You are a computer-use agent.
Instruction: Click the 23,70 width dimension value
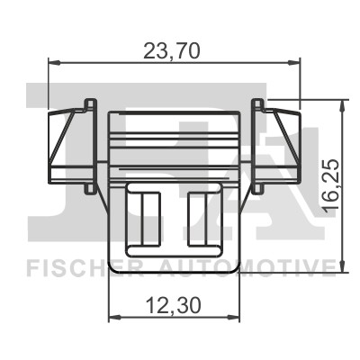click(173, 51)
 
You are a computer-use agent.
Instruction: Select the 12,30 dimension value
click(173, 304)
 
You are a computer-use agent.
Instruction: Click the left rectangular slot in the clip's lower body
click(147, 216)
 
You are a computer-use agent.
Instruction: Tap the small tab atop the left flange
click(89, 102)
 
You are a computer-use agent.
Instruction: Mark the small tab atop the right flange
click(259, 102)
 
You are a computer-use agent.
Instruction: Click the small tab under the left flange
click(88, 189)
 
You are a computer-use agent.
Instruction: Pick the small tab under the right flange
click(259, 189)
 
